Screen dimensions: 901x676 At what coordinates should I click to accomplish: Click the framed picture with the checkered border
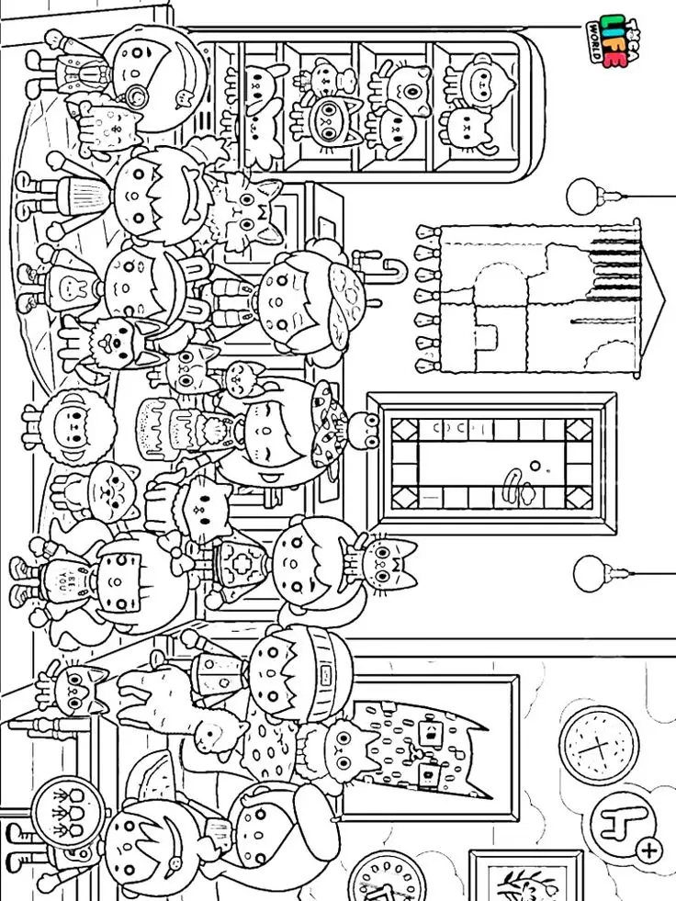491,464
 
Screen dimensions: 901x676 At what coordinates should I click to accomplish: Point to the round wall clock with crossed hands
598,743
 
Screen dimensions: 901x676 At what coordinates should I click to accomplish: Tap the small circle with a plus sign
649,850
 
